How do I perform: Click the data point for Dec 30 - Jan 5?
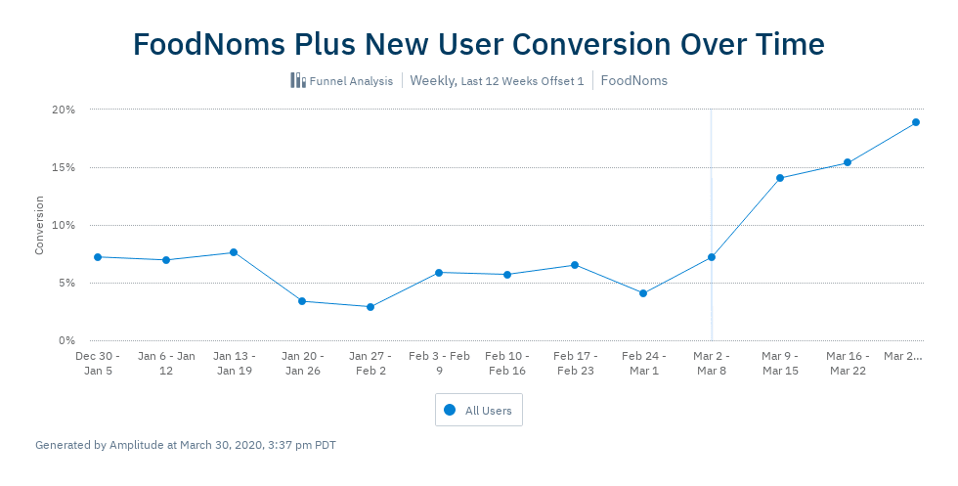[x=98, y=257]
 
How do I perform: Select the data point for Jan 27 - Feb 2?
[x=370, y=307]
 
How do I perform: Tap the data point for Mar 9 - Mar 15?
[x=779, y=178]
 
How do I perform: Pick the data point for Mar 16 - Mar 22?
[x=848, y=162]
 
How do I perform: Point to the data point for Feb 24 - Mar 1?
[x=643, y=293]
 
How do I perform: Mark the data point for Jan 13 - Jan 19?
[x=234, y=252]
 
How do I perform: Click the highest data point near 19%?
[x=916, y=122]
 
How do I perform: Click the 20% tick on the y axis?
[x=64, y=110]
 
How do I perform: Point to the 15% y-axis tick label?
[x=64, y=167]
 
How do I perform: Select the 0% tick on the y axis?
[x=66, y=340]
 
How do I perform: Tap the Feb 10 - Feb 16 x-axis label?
[x=506, y=364]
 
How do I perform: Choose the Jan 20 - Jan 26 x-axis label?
[x=302, y=364]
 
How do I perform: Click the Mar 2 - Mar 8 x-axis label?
[x=711, y=364]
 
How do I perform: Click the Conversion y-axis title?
[x=40, y=225]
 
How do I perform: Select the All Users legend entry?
[x=479, y=411]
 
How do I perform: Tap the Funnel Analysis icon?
[x=298, y=80]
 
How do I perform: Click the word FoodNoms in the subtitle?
[x=634, y=81]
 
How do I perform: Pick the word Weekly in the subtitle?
[x=432, y=81]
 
